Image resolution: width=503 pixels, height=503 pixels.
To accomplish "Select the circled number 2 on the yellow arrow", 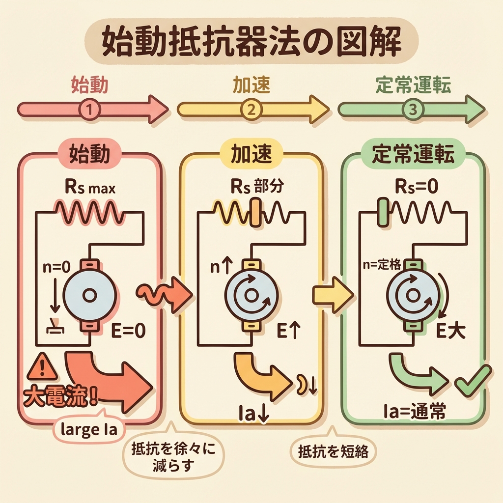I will tap(251, 109).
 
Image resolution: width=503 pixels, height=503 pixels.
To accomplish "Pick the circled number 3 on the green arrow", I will tap(412, 109).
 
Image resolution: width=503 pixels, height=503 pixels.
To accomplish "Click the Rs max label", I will tap(90, 188).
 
